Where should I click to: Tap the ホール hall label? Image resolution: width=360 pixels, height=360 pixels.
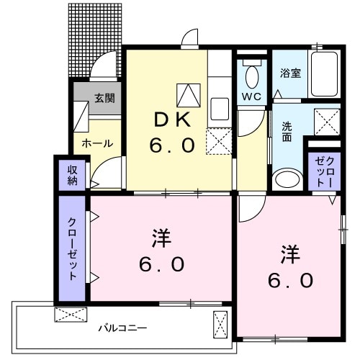click(97, 143)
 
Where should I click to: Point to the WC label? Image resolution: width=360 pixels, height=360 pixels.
click(251, 96)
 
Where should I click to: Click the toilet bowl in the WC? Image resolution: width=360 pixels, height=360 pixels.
click(252, 75)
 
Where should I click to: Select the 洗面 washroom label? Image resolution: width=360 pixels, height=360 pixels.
click(286, 132)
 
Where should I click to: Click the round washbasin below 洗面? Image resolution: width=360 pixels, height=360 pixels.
click(287, 179)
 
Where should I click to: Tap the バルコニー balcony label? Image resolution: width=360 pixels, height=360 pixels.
click(122, 328)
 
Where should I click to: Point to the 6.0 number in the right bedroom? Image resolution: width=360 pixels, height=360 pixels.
click(290, 279)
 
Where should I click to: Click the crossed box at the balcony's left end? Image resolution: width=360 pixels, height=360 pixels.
click(71, 315)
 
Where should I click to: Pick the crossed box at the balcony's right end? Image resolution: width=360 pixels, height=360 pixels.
click(220, 324)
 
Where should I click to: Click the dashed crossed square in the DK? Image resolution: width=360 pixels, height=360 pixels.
click(217, 141)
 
